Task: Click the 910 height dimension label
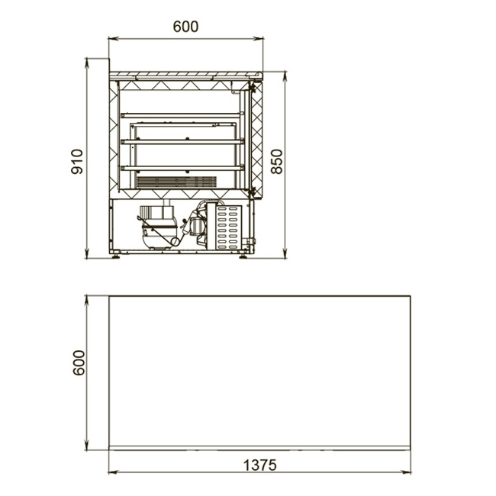[77, 162]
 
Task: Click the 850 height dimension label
[277, 162]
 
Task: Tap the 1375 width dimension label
[259, 465]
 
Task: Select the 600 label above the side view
[185, 27]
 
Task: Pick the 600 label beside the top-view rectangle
[79, 362]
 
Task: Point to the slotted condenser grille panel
[229, 227]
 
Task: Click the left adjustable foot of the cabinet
[115, 256]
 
